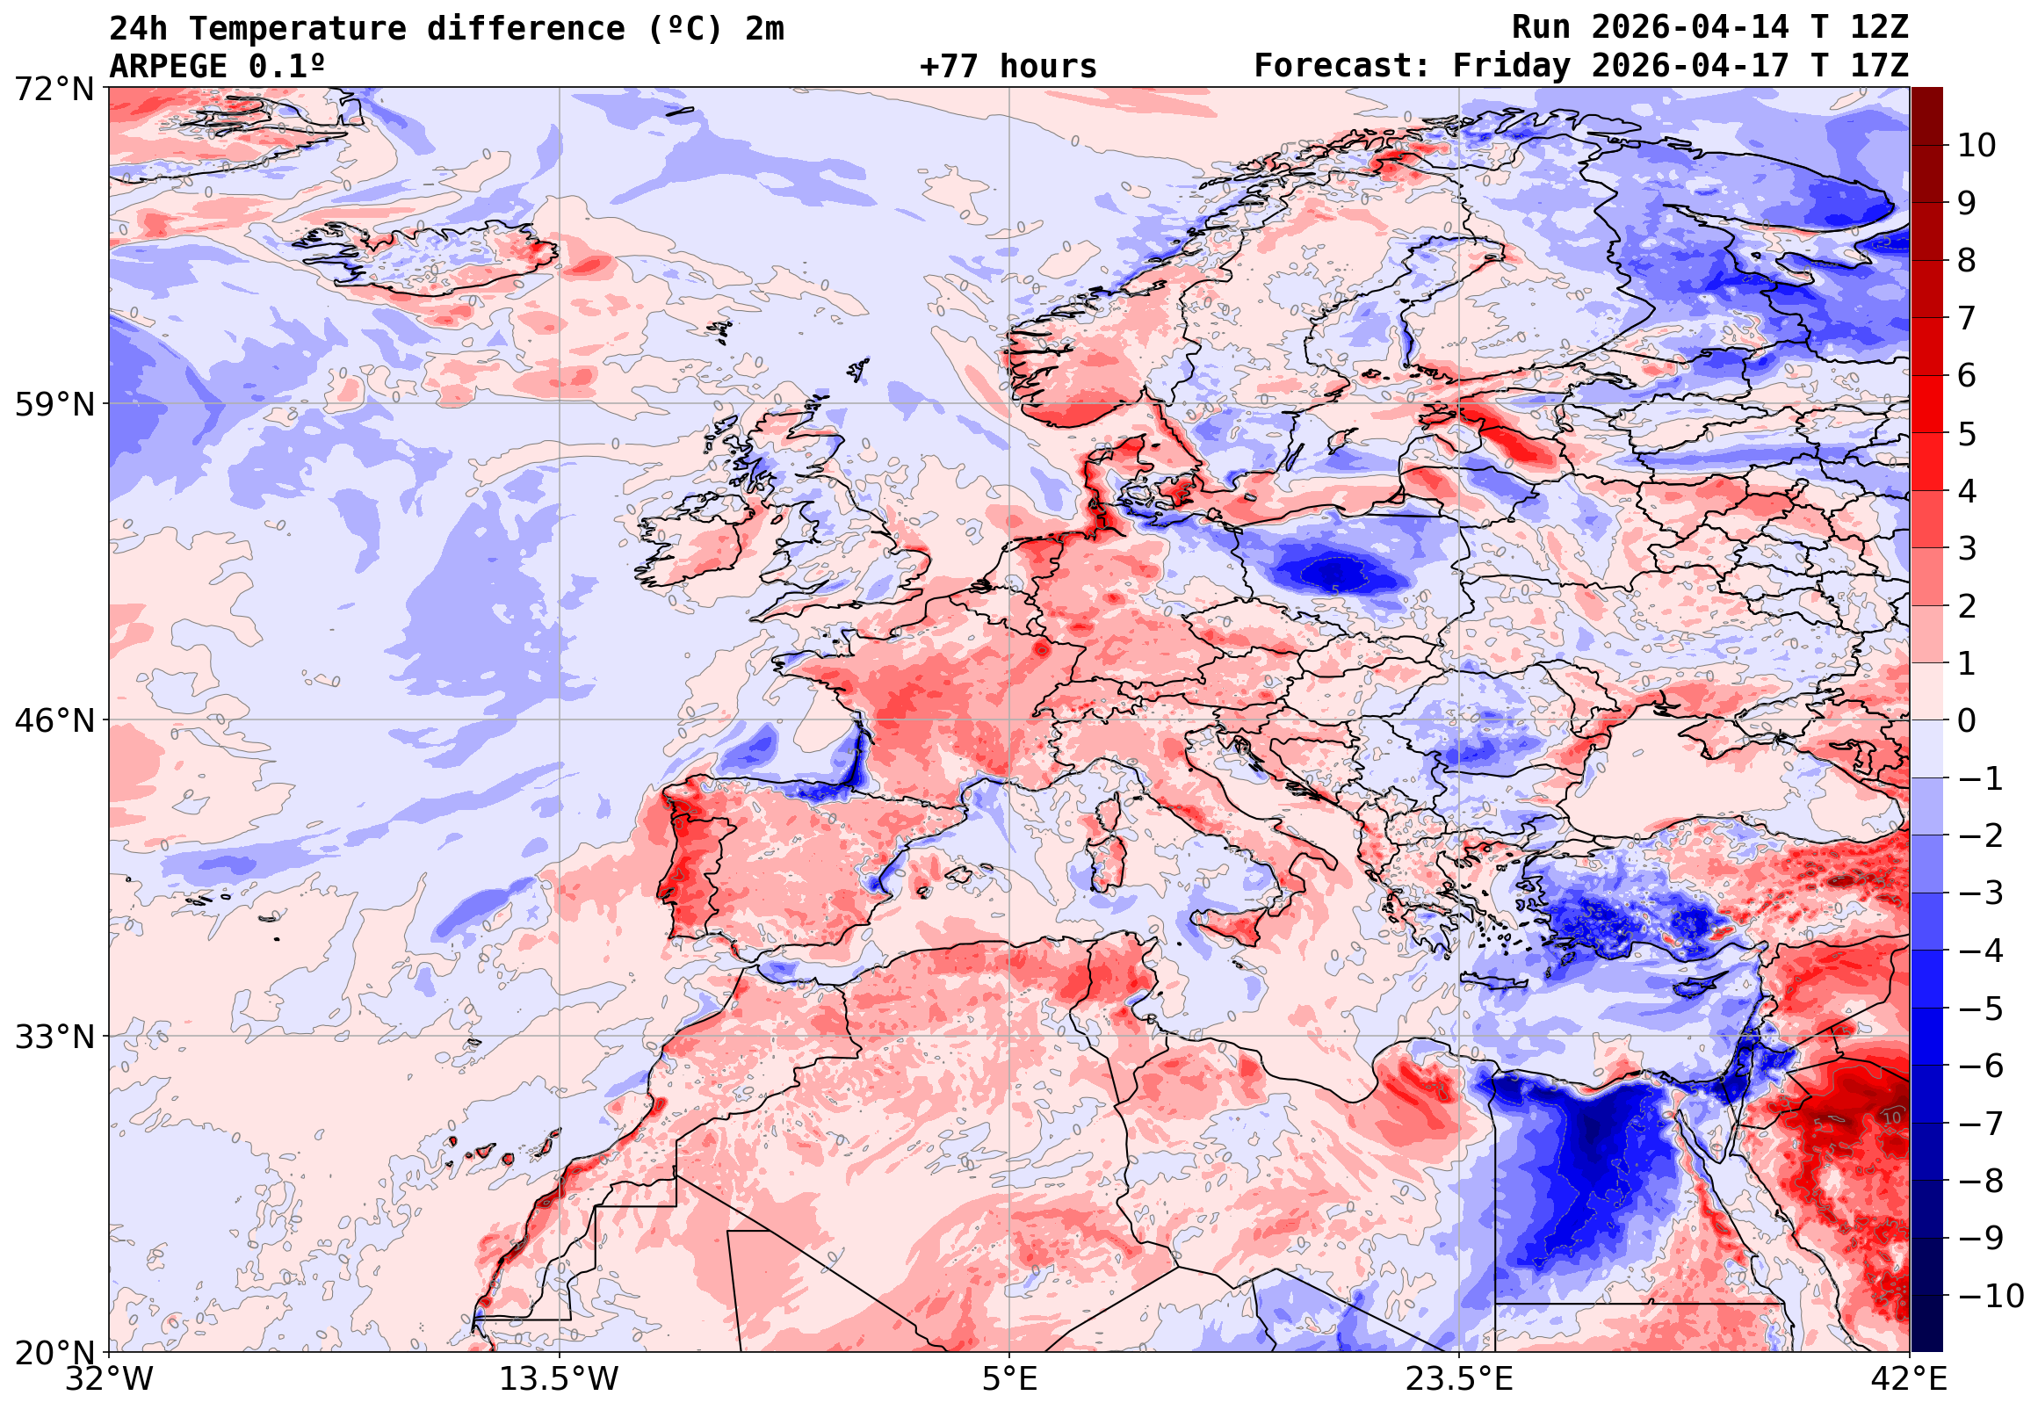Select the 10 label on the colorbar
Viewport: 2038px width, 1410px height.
[x=1977, y=146]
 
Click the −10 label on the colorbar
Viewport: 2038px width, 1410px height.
[x=1991, y=1297]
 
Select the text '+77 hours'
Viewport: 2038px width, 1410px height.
[x=1008, y=66]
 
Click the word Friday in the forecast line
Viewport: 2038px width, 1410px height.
[x=1512, y=66]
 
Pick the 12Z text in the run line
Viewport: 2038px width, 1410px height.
[x=1879, y=28]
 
